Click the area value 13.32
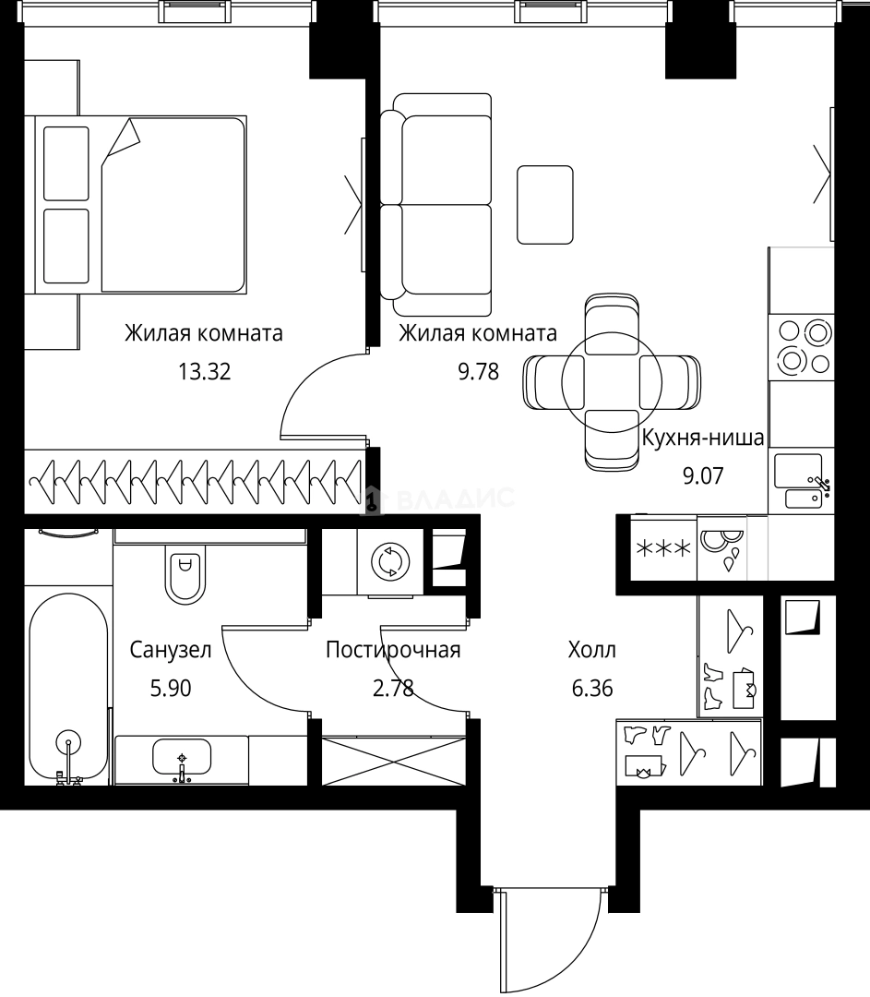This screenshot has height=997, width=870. click(204, 371)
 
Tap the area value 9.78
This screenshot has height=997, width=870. click(479, 371)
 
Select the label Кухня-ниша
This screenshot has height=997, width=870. click(703, 438)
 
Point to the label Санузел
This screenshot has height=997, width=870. click(171, 650)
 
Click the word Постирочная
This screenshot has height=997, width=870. click(393, 650)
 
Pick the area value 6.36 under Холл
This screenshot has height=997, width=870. click(592, 688)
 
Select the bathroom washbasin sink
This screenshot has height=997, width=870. click(182, 758)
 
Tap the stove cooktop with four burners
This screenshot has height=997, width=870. click(802, 346)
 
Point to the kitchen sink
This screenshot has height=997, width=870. click(800, 480)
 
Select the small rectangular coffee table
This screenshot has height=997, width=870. click(545, 205)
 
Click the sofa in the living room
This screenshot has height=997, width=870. click(436, 205)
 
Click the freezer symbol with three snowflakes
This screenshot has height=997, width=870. click(663, 548)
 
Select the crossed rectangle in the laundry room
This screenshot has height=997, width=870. click(394, 762)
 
